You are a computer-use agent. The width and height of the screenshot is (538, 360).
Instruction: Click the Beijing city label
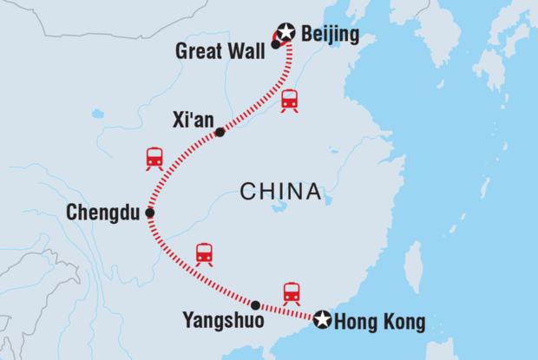point(329,37)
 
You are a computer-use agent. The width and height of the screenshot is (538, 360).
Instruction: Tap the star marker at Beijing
point(285,34)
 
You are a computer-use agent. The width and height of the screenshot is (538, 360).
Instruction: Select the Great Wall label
point(221,51)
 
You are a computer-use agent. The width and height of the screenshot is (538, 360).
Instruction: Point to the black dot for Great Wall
point(275,44)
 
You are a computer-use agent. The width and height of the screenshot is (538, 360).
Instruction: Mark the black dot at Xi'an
point(220,133)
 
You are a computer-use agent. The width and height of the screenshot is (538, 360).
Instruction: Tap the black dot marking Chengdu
point(150,213)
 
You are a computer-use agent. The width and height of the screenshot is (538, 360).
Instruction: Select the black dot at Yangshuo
point(255,305)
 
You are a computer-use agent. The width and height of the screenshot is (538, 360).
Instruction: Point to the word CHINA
point(279,191)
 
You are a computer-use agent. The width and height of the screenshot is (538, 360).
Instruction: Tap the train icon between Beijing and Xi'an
point(290,100)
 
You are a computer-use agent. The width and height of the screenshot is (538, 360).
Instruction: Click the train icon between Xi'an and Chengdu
point(154,159)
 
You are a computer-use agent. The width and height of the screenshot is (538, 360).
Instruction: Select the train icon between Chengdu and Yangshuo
point(204,253)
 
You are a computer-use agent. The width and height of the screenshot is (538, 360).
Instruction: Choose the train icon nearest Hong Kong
point(292,293)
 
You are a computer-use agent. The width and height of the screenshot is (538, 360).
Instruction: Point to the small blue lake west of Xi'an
point(97,114)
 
